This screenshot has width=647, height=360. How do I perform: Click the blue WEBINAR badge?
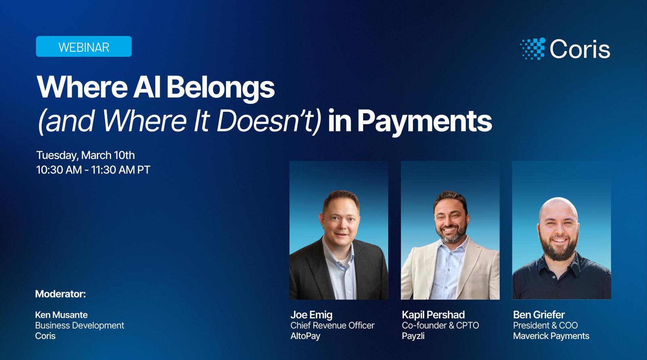pyautogui.click(x=84, y=47)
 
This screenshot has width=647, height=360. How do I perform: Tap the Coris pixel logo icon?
pyautogui.click(x=533, y=49)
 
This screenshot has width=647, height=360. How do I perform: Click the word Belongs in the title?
pyautogui.click(x=220, y=88)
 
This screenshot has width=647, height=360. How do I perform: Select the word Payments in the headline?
pyautogui.click(x=425, y=121)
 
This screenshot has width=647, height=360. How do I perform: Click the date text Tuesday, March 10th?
pyautogui.click(x=85, y=155)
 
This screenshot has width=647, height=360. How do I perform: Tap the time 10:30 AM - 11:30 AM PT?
pyautogui.click(x=93, y=170)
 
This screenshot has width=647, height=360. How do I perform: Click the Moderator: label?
pyautogui.click(x=60, y=294)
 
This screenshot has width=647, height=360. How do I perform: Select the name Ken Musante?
pyautogui.click(x=61, y=315)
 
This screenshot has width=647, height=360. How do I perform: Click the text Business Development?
pyautogui.click(x=79, y=325)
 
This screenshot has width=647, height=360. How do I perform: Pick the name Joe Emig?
pyautogui.click(x=311, y=315)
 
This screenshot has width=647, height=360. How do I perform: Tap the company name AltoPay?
pyautogui.click(x=305, y=336)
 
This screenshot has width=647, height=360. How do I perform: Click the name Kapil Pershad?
pyautogui.click(x=433, y=315)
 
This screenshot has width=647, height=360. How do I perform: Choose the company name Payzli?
pyautogui.click(x=413, y=336)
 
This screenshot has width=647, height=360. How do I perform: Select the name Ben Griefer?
pyautogui.click(x=539, y=315)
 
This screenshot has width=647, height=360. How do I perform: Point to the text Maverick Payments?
pyautogui.click(x=551, y=336)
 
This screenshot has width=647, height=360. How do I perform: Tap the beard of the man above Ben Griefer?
pyautogui.click(x=560, y=247)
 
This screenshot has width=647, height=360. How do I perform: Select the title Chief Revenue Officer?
pyautogui.click(x=332, y=325)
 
